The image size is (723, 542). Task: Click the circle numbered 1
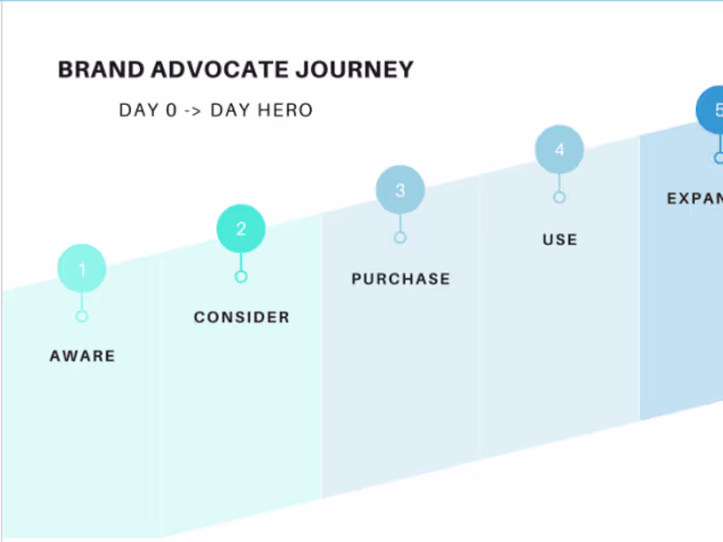[x=82, y=268]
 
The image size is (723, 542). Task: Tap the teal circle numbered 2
[x=240, y=229]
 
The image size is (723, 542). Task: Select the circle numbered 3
[x=399, y=190]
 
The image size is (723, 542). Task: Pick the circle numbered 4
[x=559, y=150]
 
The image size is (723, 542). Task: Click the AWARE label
[x=82, y=356]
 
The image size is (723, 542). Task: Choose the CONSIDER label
[x=241, y=317]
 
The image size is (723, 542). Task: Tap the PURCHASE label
[x=400, y=279]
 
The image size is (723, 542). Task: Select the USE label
[x=559, y=239]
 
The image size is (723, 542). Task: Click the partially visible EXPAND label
[x=694, y=199]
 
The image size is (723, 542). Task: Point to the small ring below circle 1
[x=82, y=316]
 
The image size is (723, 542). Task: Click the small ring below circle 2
[x=240, y=276]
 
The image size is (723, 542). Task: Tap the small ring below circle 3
[x=399, y=238]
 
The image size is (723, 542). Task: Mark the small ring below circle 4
[x=559, y=197]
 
